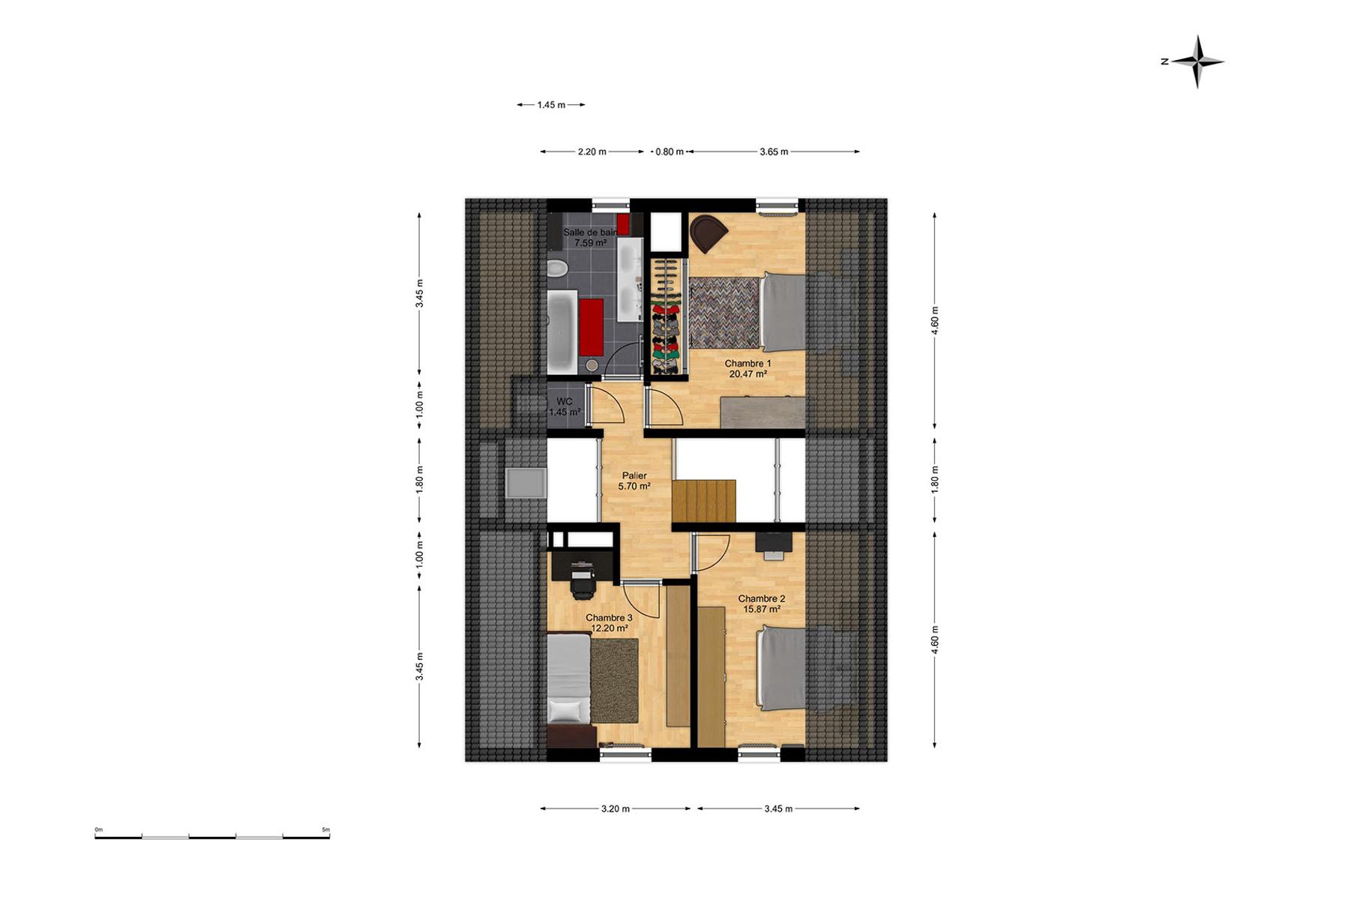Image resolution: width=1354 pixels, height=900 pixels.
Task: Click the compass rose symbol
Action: pyautogui.click(x=1197, y=61)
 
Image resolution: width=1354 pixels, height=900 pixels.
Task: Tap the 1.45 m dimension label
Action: pyautogui.click(x=551, y=105)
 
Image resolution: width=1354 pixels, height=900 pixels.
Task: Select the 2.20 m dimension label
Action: pyautogui.click(x=592, y=151)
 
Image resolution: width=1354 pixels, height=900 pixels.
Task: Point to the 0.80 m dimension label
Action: pyautogui.click(x=670, y=151)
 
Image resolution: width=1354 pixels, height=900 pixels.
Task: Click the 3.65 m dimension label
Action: pyautogui.click(x=774, y=151)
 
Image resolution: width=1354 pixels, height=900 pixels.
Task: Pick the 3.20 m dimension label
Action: pyautogui.click(x=616, y=808)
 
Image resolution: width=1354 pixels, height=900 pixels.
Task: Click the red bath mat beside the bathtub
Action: pyautogui.click(x=592, y=328)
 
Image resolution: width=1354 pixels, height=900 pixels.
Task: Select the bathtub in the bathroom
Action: pyautogui.click(x=562, y=332)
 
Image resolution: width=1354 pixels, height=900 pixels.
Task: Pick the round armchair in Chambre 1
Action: pyautogui.click(x=707, y=233)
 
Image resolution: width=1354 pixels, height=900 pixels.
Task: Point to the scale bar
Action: pyautogui.click(x=212, y=835)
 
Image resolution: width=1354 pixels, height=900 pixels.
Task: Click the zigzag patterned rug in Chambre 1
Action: pyautogui.click(x=725, y=312)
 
